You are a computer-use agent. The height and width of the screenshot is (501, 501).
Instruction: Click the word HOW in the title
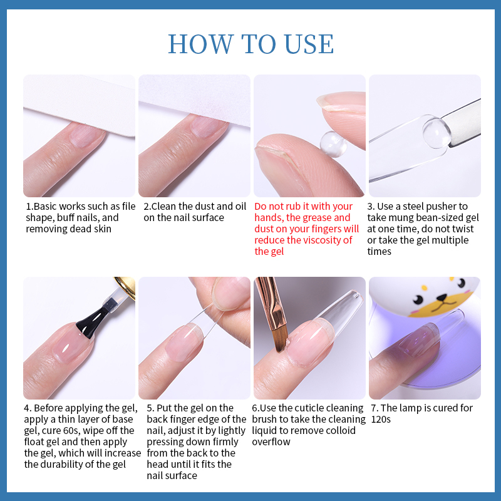pyautogui.click(x=200, y=44)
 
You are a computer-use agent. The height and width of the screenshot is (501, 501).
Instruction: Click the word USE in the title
pyautogui.click(x=309, y=44)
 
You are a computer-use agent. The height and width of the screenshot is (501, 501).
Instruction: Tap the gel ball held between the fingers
pyautogui.click(x=333, y=144)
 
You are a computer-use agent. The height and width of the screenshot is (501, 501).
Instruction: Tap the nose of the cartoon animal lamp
pyautogui.click(x=442, y=298)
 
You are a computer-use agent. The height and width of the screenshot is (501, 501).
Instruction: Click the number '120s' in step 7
pyautogui.click(x=381, y=419)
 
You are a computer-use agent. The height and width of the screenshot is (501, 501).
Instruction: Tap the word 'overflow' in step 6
pyautogui.click(x=271, y=442)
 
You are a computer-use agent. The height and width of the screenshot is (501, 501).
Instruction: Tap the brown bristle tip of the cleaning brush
pyautogui.click(x=279, y=340)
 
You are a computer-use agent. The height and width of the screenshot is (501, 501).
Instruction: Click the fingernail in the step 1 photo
pyautogui.click(x=86, y=137)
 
